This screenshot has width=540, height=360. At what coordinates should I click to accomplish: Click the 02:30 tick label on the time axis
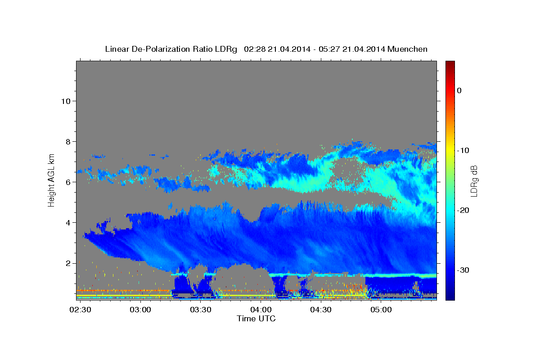(x=80, y=310)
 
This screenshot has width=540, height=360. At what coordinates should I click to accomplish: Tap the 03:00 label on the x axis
(x=140, y=310)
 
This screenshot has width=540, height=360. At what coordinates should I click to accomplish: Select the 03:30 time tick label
(x=201, y=310)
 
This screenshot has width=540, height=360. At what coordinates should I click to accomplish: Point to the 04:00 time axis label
(x=261, y=310)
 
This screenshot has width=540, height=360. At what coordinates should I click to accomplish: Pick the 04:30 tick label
(x=321, y=310)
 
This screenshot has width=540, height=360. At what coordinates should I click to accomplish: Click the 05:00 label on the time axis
(x=381, y=310)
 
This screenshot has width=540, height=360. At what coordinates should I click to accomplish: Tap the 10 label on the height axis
(x=66, y=101)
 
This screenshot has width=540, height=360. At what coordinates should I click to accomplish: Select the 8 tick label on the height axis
(x=68, y=142)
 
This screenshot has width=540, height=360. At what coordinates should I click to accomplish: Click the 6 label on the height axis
(x=68, y=182)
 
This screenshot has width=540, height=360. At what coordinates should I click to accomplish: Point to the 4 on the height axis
(x=68, y=223)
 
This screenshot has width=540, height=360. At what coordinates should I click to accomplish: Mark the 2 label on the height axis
(x=68, y=263)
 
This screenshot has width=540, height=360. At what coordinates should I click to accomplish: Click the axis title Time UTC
(x=256, y=319)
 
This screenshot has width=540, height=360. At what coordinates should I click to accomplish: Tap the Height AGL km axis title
(x=51, y=180)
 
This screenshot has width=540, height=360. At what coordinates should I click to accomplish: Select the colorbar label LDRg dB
(x=474, y=181)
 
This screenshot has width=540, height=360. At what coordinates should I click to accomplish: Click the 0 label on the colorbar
(x=459, y=90)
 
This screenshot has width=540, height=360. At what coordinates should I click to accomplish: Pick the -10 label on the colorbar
(x=463, y=150)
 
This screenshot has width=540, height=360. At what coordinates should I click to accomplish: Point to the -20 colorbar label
(x=463, y=210)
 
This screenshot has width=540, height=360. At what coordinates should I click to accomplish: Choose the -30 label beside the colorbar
(x=463, y=270)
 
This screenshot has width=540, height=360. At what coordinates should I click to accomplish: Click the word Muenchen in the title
(x=407, y=49)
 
